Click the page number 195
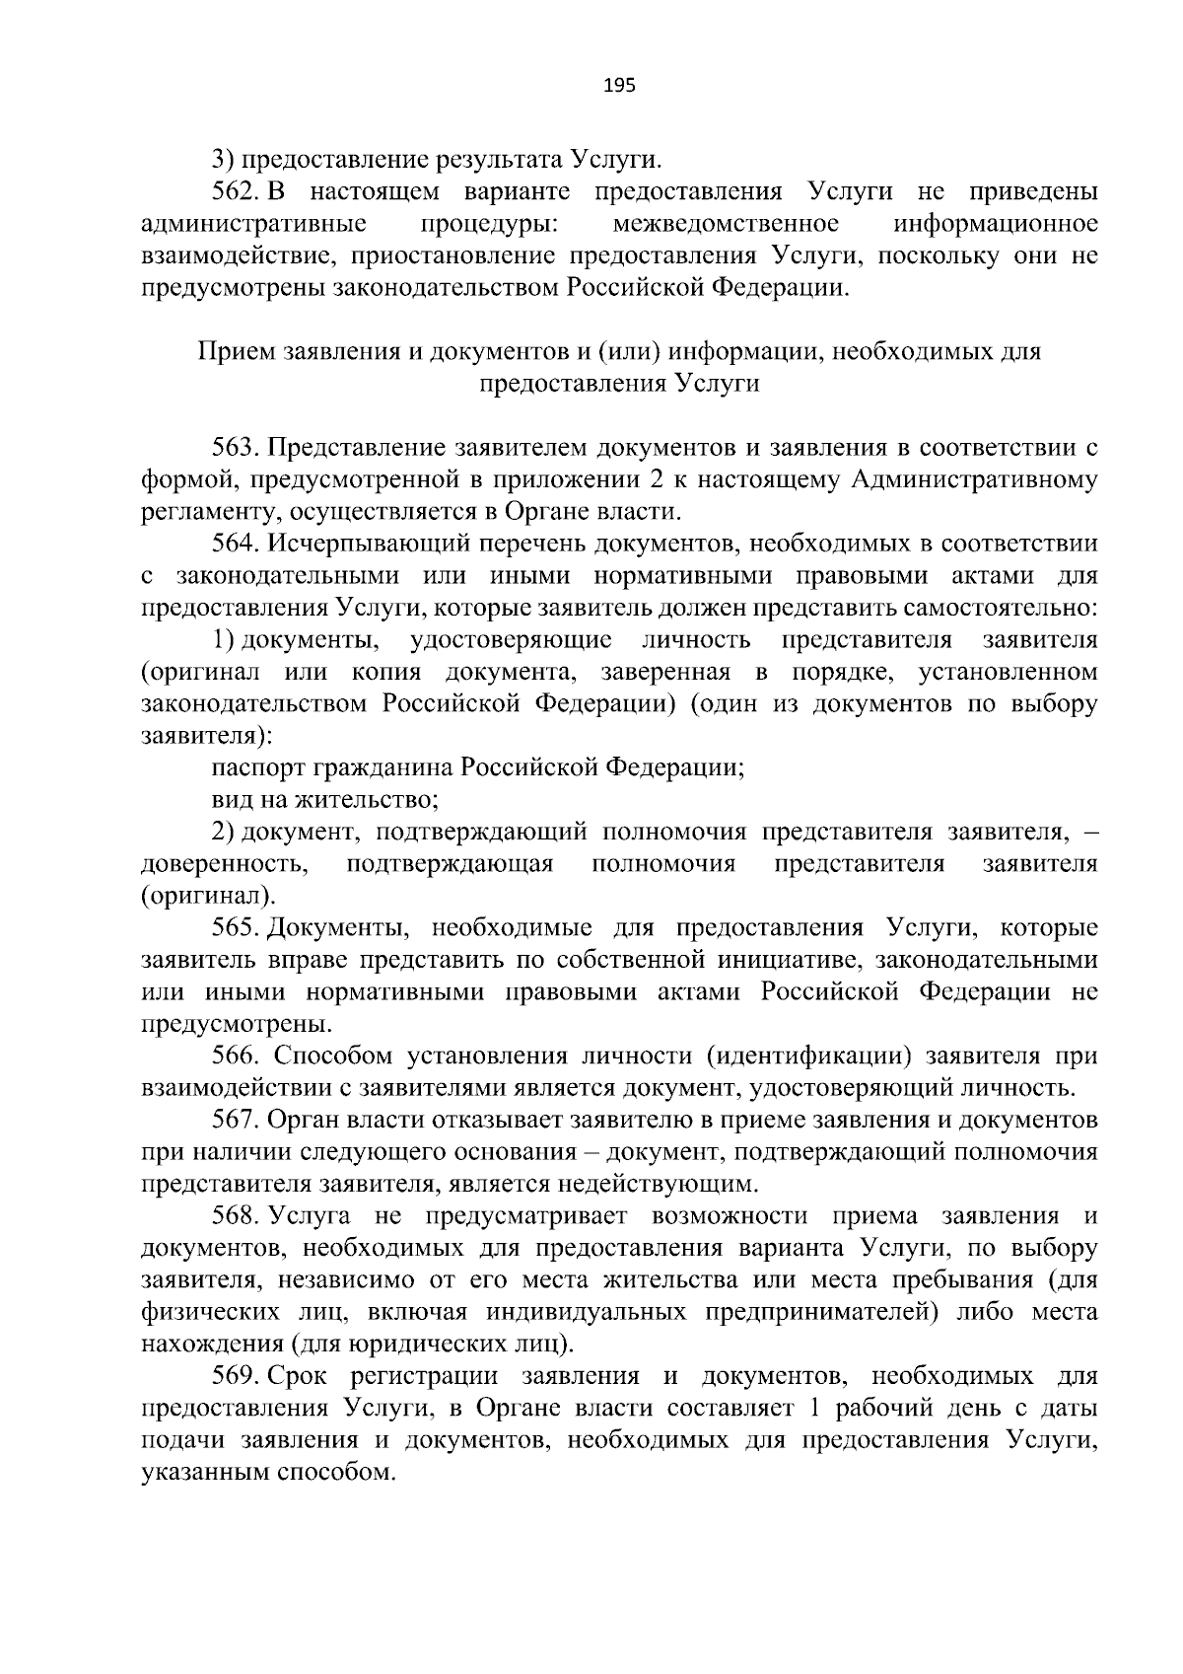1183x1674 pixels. (619, 86)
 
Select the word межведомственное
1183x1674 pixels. (726, 224)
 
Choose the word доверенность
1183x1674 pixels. (223, 865)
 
